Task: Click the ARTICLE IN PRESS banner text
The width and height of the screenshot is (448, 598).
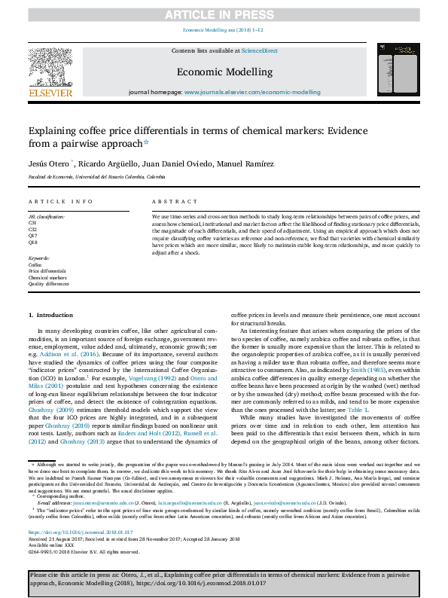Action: (224, 14)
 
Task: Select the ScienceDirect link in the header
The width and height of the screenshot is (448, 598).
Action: (259, 50)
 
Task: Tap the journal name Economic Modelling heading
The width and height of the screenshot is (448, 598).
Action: (224, 72)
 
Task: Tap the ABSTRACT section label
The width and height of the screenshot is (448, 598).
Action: (169, 202)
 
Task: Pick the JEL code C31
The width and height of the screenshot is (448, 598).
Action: (33, 224)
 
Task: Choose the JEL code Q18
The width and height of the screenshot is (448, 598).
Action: (33, 242)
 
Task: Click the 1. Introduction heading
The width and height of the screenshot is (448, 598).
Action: (51, 314)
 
